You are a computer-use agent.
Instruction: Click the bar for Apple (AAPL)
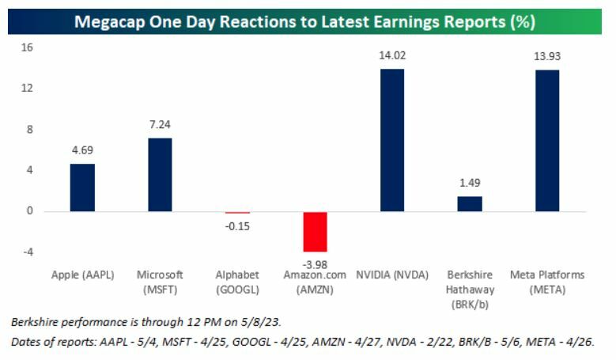[82, 188]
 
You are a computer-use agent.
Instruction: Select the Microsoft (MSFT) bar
[160, 175]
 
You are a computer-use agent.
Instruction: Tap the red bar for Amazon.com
[315, 232]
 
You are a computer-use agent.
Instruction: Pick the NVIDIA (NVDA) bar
[392, 140]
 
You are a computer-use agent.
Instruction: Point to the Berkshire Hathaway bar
[470, 204]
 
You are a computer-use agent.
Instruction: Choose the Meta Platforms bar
[547, 141]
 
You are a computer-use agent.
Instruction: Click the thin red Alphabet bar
[237, 213]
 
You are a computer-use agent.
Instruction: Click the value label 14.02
[393, 55]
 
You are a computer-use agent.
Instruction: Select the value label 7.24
[161, 124]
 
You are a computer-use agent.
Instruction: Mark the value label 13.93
[548, 56]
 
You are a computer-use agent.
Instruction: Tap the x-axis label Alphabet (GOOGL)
[237, 281]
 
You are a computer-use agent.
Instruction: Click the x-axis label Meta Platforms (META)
[548, 281]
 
